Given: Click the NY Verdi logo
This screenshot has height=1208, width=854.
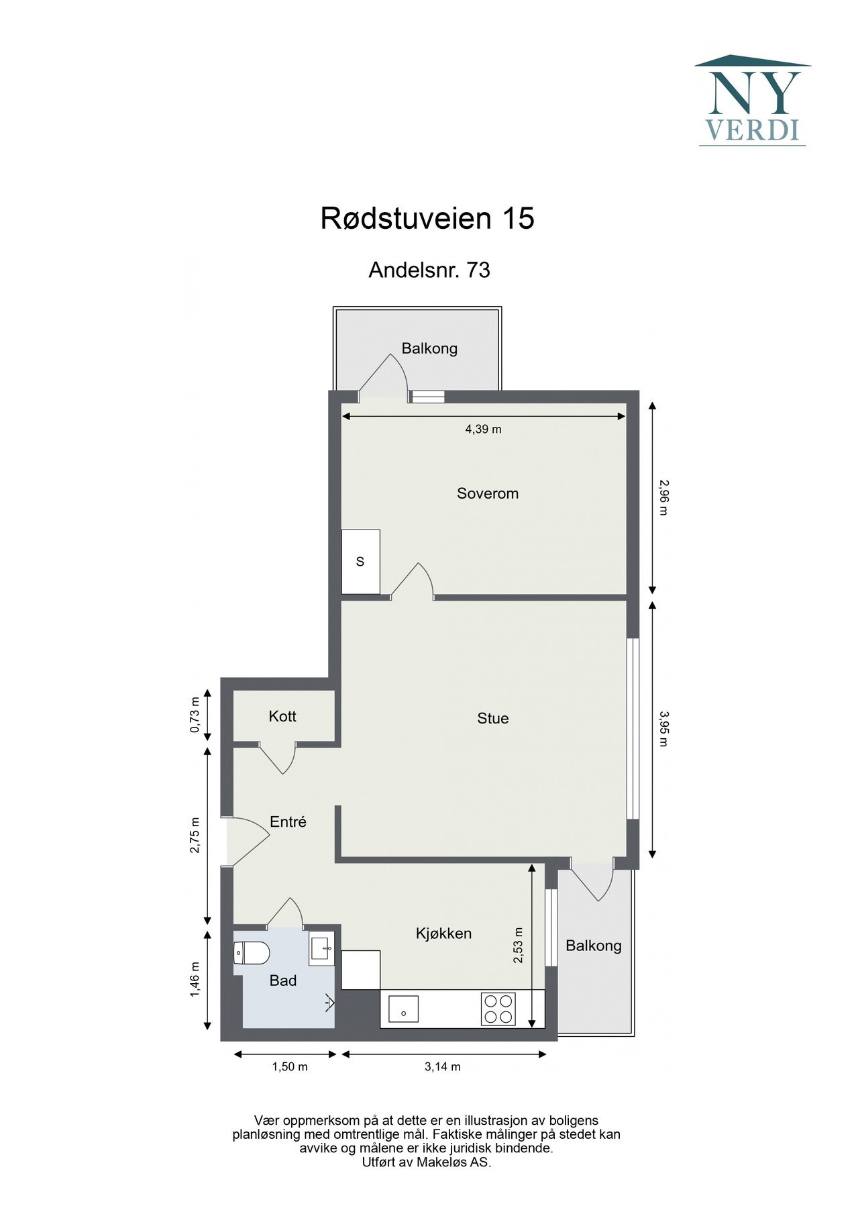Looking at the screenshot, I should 752,101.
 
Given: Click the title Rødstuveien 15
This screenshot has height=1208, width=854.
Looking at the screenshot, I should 427,219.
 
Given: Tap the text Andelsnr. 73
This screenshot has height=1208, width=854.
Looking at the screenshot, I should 429,270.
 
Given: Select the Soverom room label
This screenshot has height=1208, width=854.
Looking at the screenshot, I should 488,493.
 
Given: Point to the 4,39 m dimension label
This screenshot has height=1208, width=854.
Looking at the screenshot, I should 483,430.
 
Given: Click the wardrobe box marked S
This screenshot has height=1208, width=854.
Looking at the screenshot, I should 360,561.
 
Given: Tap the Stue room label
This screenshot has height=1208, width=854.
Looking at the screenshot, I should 493,718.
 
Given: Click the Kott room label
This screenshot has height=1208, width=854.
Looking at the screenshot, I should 282,716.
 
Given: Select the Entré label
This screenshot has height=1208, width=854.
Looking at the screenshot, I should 288,821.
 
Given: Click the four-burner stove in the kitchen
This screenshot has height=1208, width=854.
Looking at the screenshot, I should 498,1009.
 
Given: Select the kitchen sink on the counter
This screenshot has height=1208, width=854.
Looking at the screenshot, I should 403,1009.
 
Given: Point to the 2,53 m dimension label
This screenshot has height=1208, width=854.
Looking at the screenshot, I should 519,945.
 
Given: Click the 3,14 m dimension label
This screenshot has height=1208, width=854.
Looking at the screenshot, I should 443,1067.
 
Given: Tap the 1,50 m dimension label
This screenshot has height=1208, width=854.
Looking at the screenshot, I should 290,1067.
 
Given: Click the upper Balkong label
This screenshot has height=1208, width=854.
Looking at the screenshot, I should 429,348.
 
